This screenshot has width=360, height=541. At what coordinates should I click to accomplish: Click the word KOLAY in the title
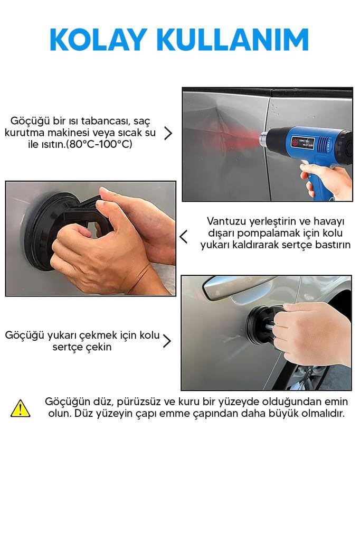(x=98, y=40)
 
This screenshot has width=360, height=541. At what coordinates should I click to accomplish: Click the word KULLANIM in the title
(x=233, y=40)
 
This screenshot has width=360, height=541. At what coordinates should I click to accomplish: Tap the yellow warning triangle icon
(x=21, y=408)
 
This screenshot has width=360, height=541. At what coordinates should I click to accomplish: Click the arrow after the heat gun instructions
(x=168, y=133)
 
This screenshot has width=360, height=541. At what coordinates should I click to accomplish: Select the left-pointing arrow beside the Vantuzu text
(x=184, y=237)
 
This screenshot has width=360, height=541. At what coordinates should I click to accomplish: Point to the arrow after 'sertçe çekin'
(x=167, y=341)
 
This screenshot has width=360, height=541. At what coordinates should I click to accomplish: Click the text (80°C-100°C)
(x=99, y=144)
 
